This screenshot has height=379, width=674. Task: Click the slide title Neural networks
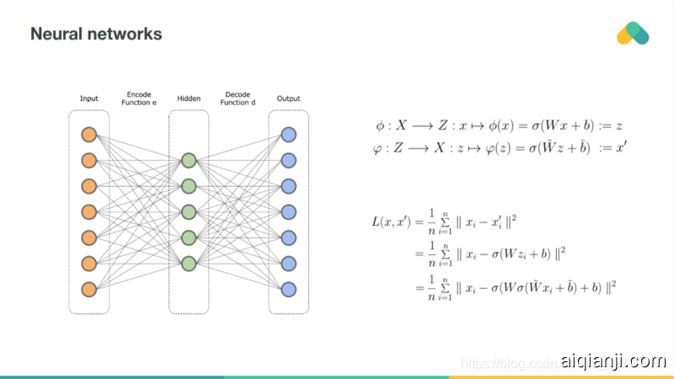pyautogui.click(x=96, y=35)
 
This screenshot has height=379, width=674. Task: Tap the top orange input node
pyautogui.click(x=89, y=135)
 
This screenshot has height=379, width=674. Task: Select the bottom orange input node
pyautogui.click(x=89, y=289)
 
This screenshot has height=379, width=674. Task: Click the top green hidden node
pyautogui.click(x=189, y=160)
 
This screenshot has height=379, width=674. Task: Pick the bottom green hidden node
pyautogui.click(x=189, y=263)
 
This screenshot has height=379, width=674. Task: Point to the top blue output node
pyautogui.click(x=288, y=135)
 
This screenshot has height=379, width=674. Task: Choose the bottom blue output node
pyautogui.click(x=288, y=289)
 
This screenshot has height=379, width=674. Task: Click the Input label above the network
pyautogui.click(x=89, y=99)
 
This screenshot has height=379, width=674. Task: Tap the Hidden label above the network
pyautogui.click(x=189, y=99)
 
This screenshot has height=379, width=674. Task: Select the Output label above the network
pyautogui.click(x=288, y=99)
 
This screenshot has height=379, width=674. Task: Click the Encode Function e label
pyautogui.click(x=139, y=98)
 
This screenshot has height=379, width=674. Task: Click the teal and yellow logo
pyautogui.click(x=633, y=34)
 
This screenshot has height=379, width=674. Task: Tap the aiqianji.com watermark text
pyautogui.click(x=617, y=362)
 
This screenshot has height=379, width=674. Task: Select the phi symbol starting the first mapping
pyautogui.click(x=380, y=125)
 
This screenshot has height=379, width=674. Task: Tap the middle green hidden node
pyautogui.click(x=189, y=211)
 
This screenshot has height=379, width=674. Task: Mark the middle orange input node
pyautogui.click(x=89, y=211)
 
